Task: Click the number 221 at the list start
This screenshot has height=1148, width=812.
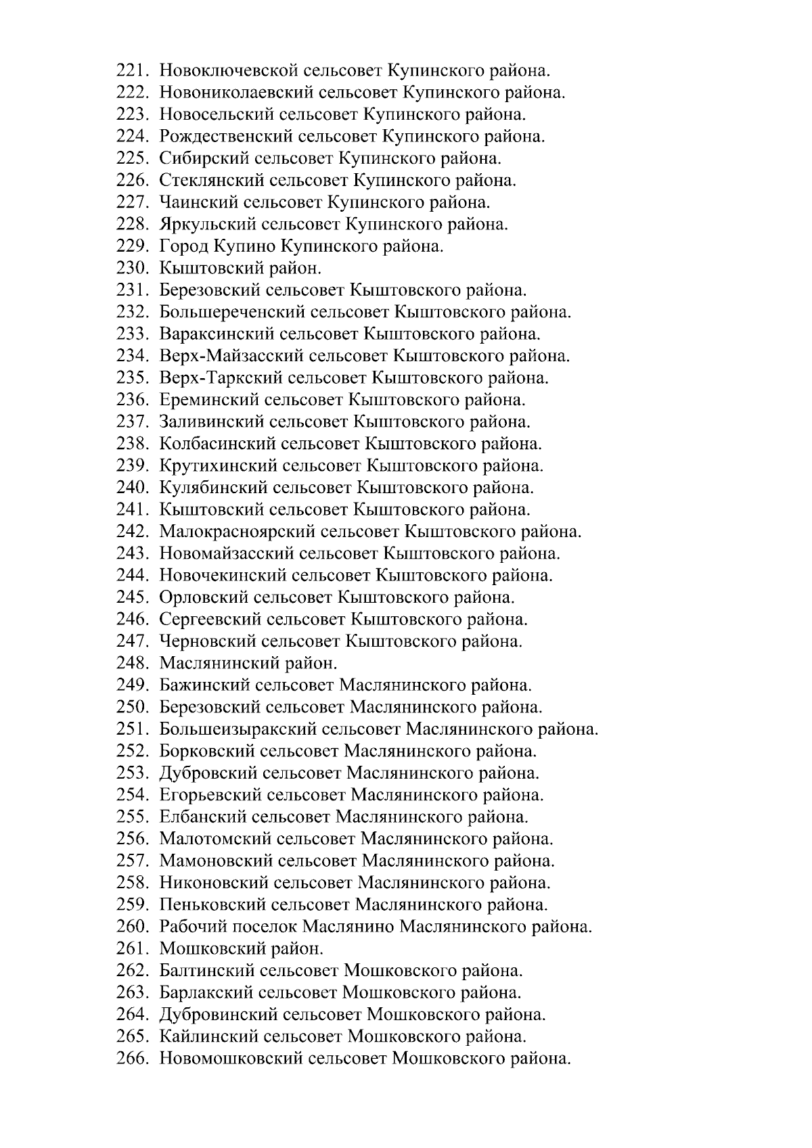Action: click(x=131, y=70)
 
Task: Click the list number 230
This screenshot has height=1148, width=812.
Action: click(x=131, y=268)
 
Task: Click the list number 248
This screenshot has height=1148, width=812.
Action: click(x=131, y=663)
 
